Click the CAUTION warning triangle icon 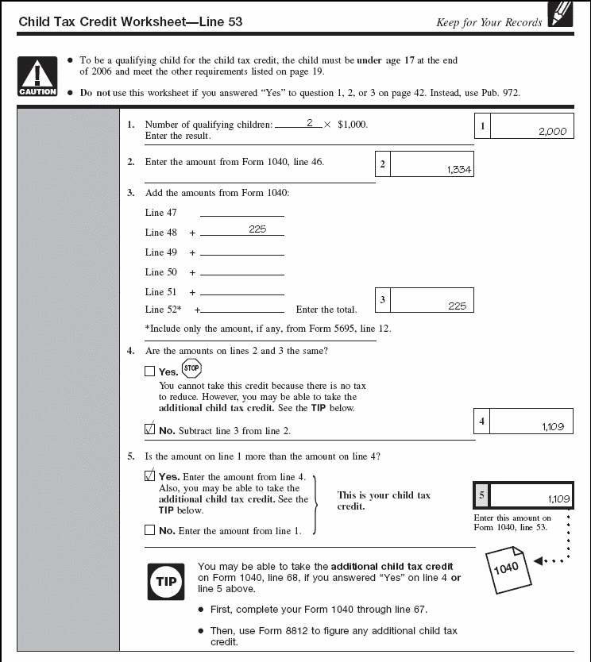point(37,76)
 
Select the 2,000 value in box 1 point(552,132)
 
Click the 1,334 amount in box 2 point(459,169)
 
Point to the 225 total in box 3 point(457,306)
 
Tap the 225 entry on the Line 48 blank point(257,229)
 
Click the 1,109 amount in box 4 point(552,427)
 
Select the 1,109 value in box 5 point(558,499)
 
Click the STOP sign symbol point(191,368)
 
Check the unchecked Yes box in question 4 point(150,371)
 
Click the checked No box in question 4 point(150,430)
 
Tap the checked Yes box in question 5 point(150,475)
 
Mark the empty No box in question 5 point(150,530)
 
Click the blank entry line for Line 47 point(241,214)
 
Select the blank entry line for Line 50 point(241,273)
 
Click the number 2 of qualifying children point(309,123)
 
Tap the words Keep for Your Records point(489,22)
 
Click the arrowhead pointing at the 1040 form point(538,561)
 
